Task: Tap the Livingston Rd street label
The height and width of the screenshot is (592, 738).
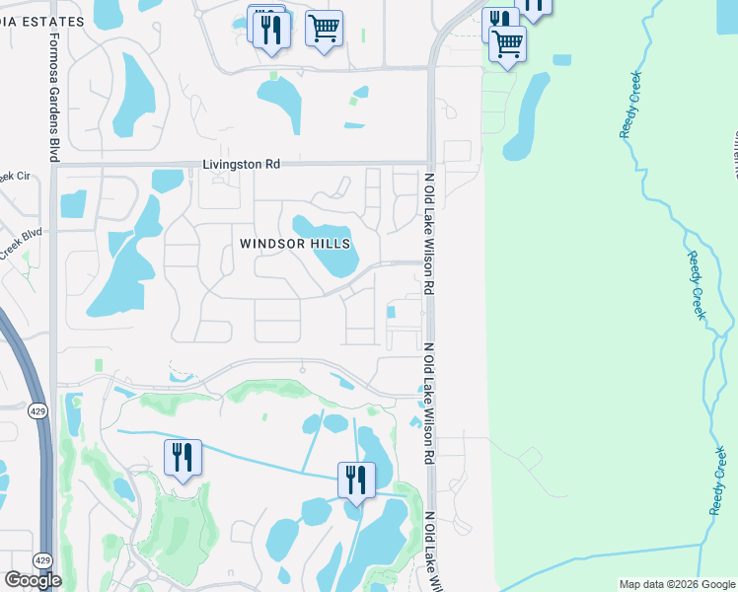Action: pos(242,165)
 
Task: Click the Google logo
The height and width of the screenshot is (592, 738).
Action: pos(32,579)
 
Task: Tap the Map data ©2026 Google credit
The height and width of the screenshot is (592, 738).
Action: pos(677,584)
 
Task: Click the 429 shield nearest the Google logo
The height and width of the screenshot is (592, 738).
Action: pos(41,560)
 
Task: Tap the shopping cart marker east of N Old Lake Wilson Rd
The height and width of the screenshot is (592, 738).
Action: pos(507,43)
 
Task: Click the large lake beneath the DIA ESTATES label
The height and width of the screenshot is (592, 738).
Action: pos(134,93)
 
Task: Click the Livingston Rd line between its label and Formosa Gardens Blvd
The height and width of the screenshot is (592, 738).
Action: pos(128,166)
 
